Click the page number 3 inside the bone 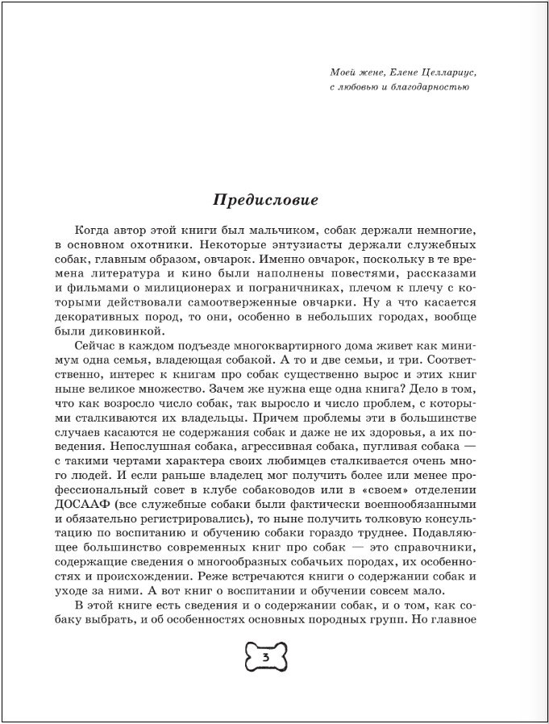265,658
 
